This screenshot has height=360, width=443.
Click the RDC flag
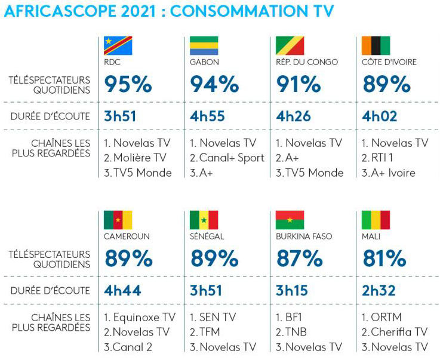[x=118, y=46]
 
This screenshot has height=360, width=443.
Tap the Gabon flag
[x=204, y=46]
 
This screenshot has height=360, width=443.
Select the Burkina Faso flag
[x=290, y=220]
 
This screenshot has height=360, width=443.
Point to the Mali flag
[x=376, y=220]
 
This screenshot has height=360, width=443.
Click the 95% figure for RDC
[x=128, y=84]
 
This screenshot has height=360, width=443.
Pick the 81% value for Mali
[x=384, y=259]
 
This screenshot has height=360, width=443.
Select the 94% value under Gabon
[x=214, y=84]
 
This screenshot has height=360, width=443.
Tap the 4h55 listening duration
[x=207, y=116]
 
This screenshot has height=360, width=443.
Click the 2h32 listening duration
[x=380, y=291]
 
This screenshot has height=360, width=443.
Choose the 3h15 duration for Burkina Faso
[x=294, y=291]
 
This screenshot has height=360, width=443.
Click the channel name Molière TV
[x=142, y=158]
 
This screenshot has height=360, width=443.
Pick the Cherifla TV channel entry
[x=399, y=332]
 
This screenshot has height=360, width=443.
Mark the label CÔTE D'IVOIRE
[x=389, y=62]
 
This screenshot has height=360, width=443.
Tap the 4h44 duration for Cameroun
[x=121, y=291]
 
